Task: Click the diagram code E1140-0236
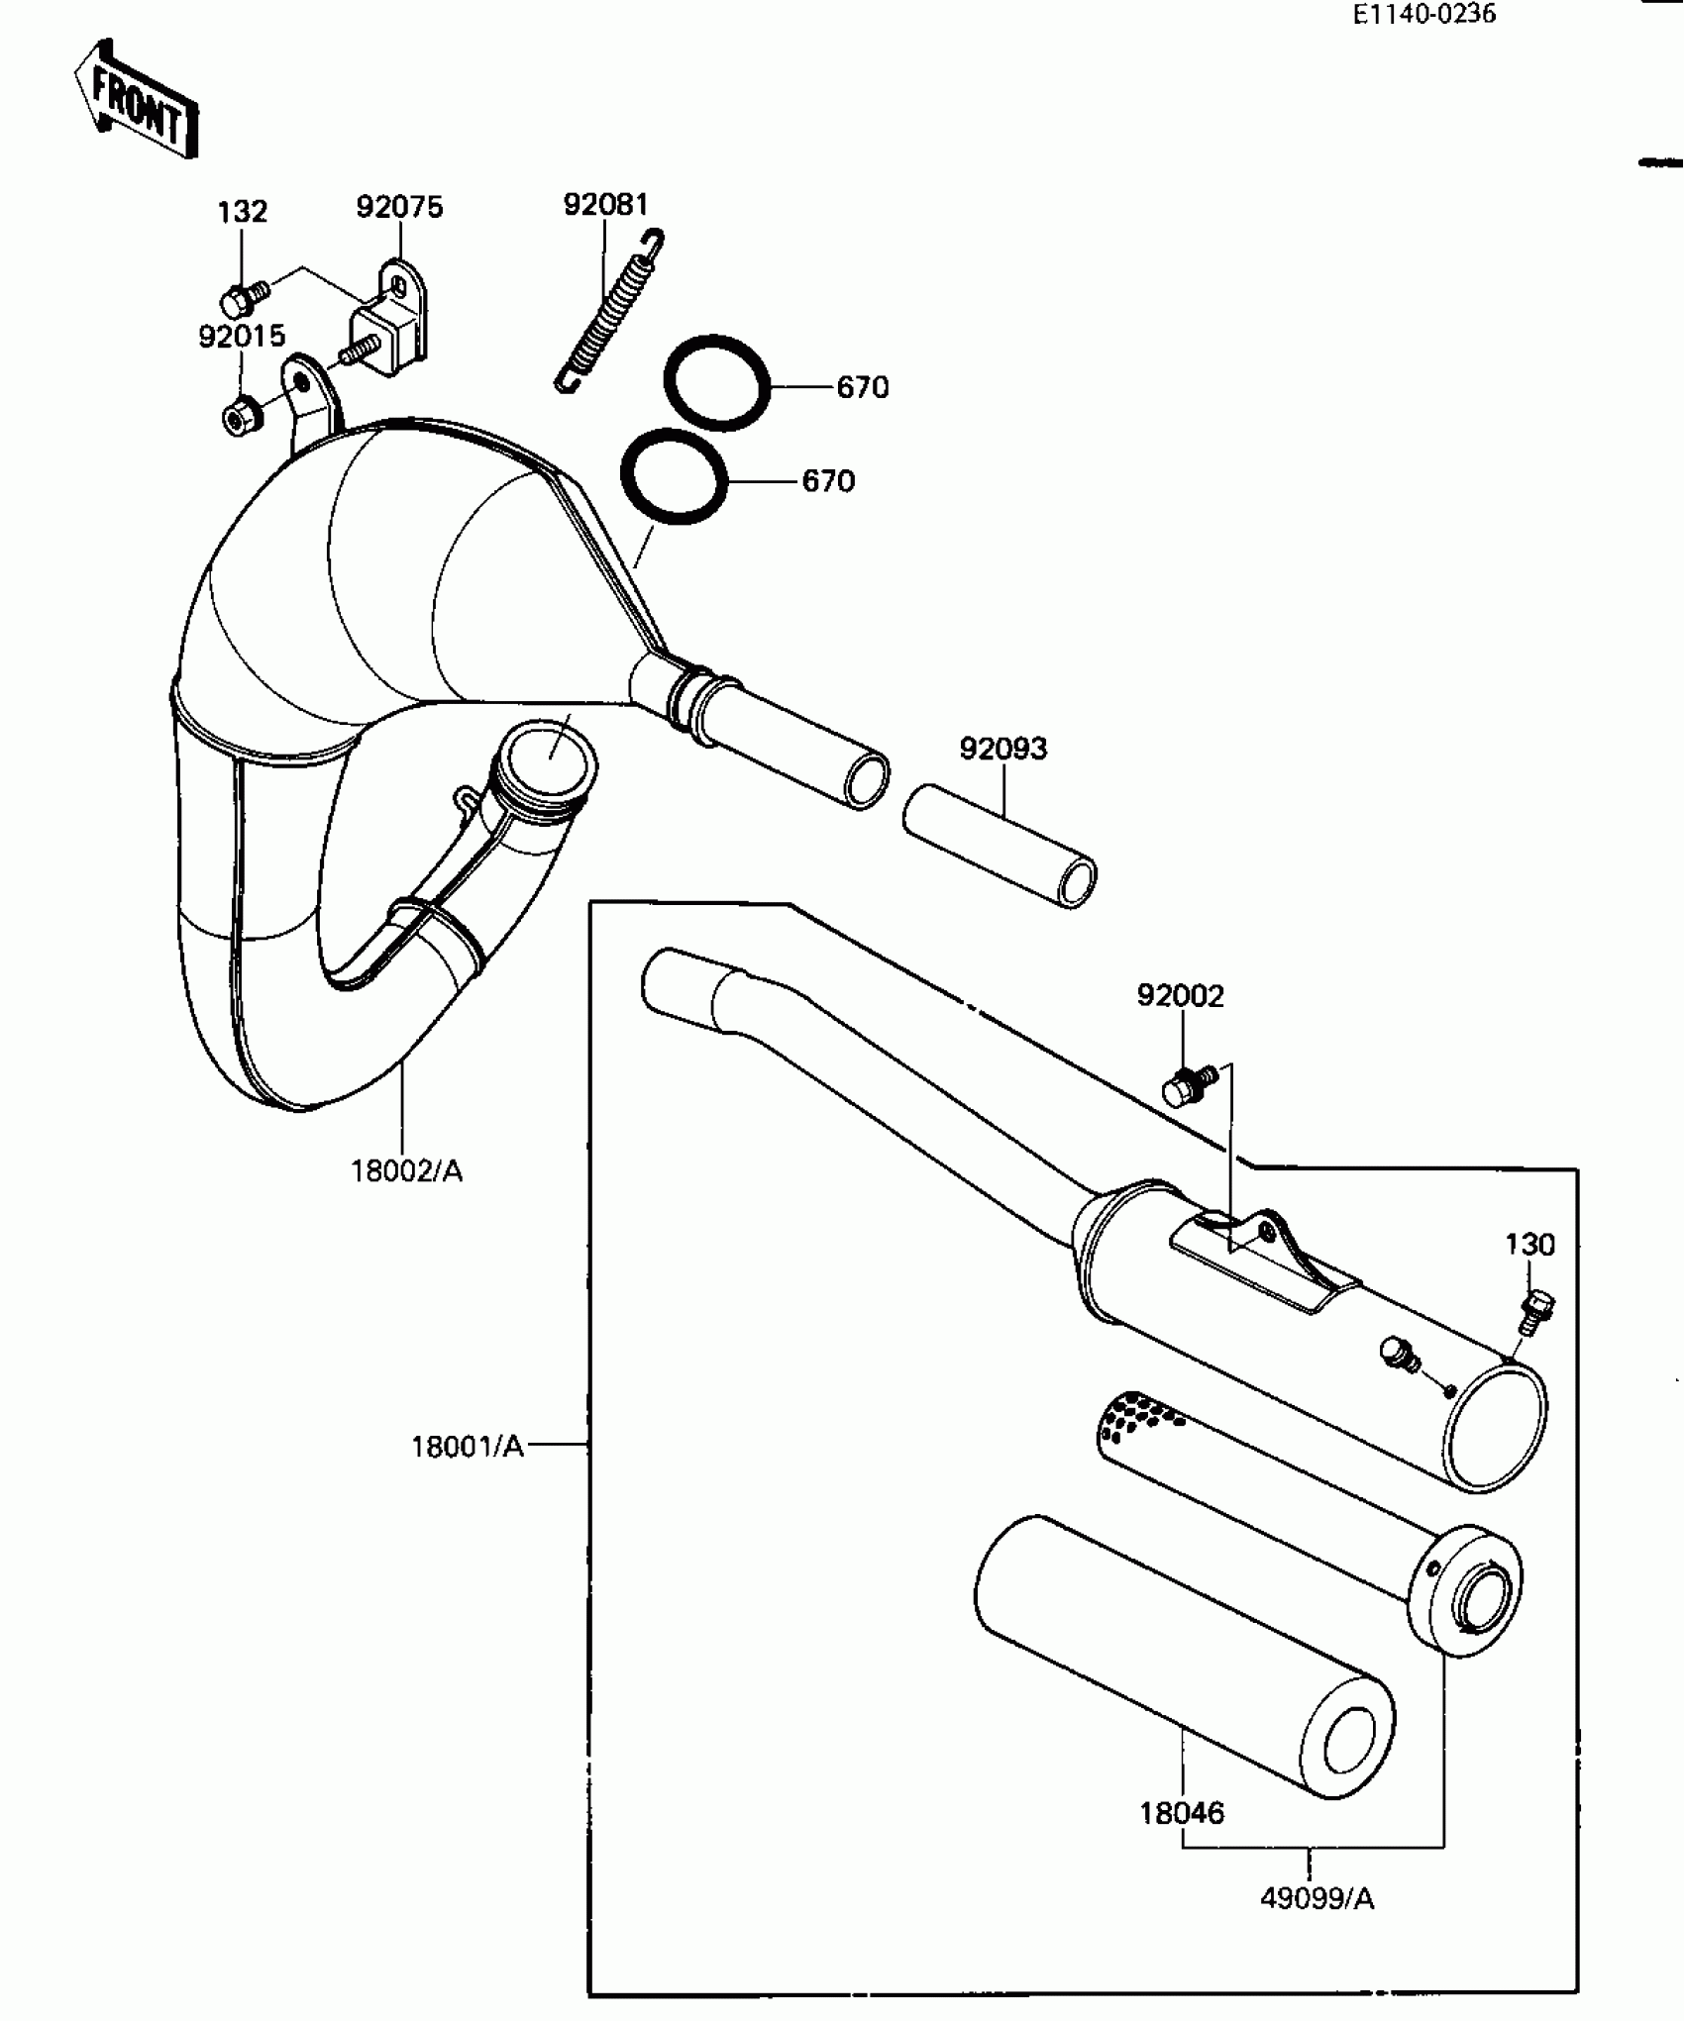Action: coord(1424,15)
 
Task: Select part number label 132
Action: coord(243,212)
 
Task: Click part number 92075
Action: coord(399,208)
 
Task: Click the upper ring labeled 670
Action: coord(717,382)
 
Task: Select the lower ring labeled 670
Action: coord(674,476)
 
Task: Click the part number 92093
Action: coord(1002,749)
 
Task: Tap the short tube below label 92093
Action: coord(1000,847)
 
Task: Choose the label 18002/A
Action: coord(406,1171)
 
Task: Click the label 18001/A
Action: coord(467,1447)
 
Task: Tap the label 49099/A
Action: coord(1316,1898)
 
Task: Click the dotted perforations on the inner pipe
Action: coord(1139,1416)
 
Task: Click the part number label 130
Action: coord(1529,1245)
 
